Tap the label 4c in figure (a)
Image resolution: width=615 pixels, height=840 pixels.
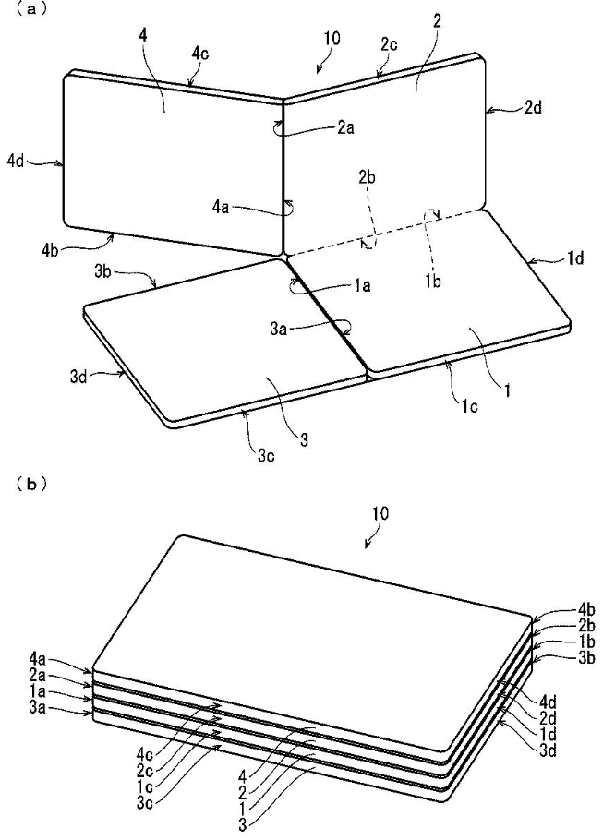(x=200, y=54)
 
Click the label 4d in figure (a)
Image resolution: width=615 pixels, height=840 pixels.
(x=16, y=161)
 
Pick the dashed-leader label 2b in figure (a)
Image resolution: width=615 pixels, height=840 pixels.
(x=367, y=178)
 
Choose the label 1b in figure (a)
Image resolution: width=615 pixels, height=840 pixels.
(x=433, y=281)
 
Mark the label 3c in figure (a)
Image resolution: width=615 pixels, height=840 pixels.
(x=264, y=456)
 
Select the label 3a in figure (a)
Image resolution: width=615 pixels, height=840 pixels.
(x=278, y=328)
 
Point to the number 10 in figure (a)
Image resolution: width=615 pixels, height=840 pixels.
(x=332, y=39)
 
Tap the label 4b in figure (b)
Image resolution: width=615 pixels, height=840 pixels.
(x=587, y=610)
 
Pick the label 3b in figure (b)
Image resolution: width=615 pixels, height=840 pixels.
(x=587, y=658)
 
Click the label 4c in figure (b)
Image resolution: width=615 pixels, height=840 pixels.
(x=146, y=755)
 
